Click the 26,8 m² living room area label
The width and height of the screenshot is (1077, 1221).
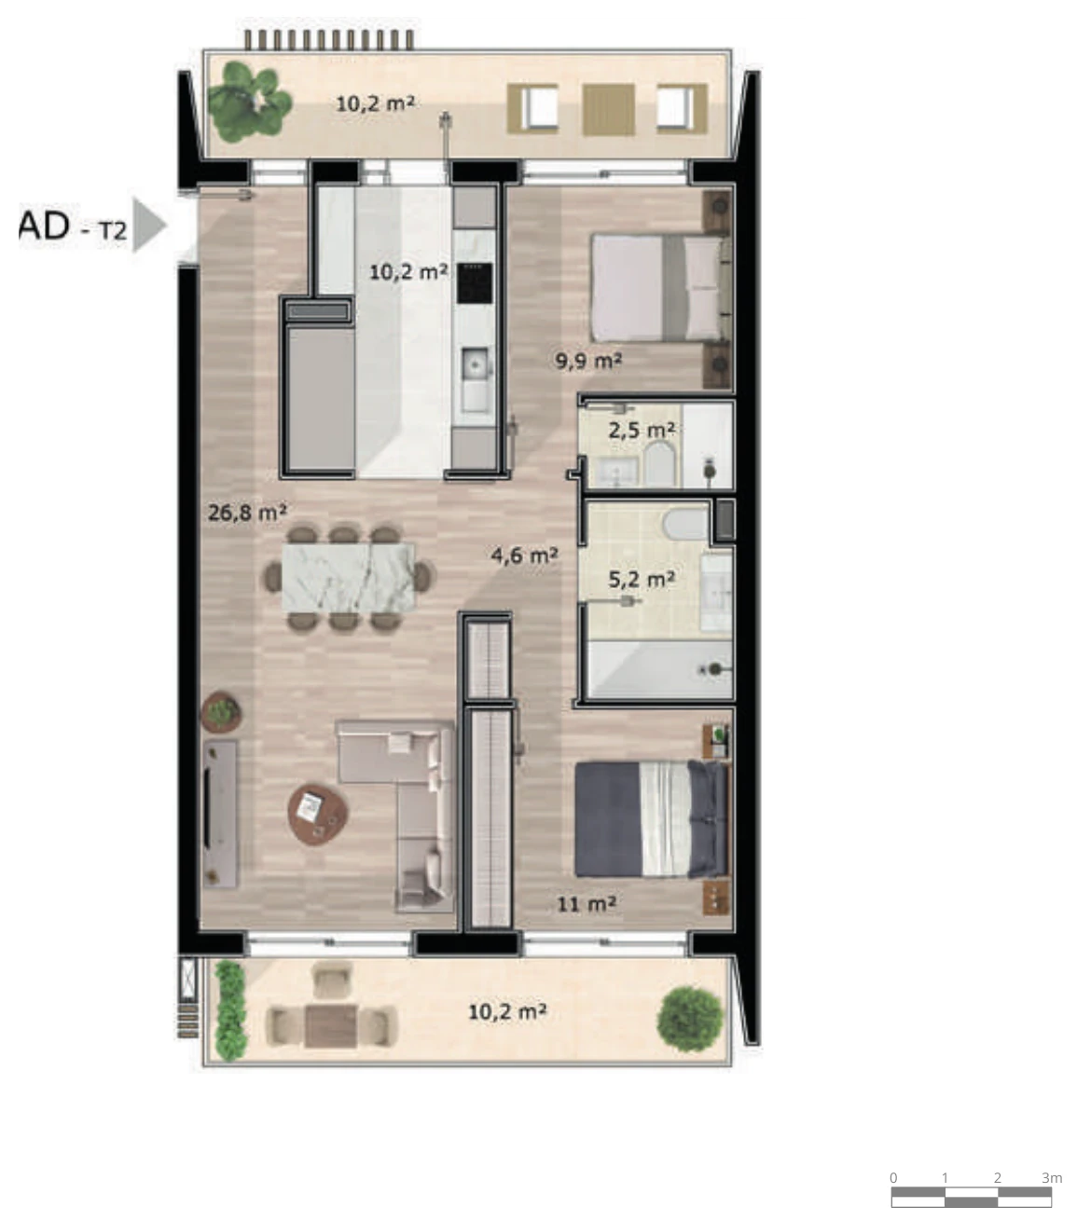(247, 513)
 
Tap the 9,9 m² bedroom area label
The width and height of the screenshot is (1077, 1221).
(588, 361)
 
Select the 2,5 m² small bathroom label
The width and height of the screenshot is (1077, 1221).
(642, 431)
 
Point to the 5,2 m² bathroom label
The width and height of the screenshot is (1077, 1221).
(642, 579)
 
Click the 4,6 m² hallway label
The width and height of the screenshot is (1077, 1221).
(525, 556)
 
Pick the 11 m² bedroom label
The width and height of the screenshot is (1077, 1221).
(587, 904)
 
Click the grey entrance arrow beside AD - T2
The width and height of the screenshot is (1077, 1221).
(148, 225)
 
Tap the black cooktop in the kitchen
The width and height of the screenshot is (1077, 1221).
(475, 282)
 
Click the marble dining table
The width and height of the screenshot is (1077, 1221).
(349, 577)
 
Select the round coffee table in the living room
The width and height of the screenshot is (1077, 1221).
(318, 814)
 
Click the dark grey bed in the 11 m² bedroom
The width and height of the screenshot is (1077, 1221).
(651, 819)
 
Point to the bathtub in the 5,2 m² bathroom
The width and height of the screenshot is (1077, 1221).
(661, 670)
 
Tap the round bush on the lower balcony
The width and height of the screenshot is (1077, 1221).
(689, 1019)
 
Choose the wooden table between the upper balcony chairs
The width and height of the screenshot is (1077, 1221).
(609, 110)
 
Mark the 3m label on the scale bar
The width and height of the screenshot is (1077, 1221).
(1052, 1177)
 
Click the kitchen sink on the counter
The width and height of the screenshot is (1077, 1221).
(476, 365)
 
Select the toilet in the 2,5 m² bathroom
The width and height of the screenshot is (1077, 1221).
(658, 463)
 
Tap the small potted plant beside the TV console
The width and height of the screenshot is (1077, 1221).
(221, 712)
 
